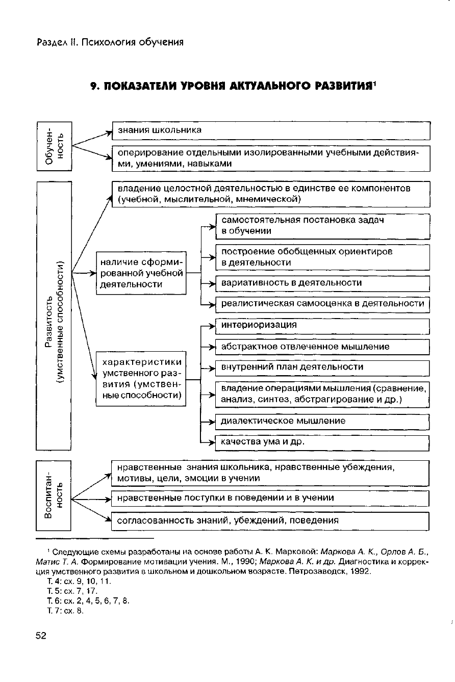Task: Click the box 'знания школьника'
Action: (271, 130)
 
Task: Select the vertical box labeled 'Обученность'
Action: (54, 146)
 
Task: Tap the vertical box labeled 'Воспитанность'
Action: (54, 495)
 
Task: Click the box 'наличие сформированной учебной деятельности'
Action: (141, 273)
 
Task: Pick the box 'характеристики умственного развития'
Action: (141, 379)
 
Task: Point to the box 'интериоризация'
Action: (323, 325)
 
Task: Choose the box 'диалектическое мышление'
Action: (323, 422)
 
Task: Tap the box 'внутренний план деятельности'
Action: (323, 368)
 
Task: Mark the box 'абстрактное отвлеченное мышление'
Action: (323, 347)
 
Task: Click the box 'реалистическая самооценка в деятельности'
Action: (323, 304)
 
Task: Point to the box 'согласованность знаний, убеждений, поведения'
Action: (270, 521)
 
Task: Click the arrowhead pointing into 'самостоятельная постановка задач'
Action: (214, 227)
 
